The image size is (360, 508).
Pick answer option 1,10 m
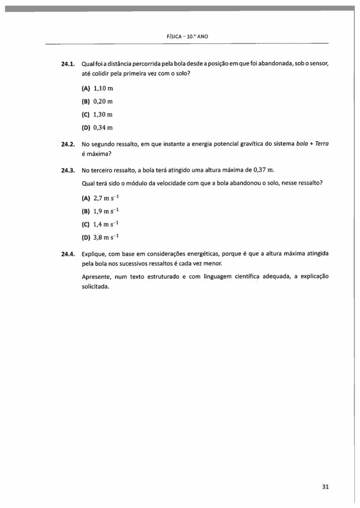click(x=103, y=88)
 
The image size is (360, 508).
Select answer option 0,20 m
click(x=103, y=101)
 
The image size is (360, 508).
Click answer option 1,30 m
click(x=103, y=114)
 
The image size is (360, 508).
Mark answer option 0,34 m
click(x=103, y=128)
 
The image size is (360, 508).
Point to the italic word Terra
click(x=321, y=144)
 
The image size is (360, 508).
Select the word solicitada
click(x=96, y=286)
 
